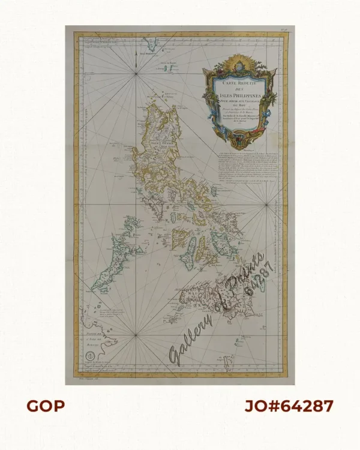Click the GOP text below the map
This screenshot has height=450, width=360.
pos(45,406)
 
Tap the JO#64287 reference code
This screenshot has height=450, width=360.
pos(289,406)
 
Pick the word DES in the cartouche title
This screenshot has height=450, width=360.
pos(239,91)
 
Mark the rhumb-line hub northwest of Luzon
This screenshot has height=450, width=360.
pos(137,73)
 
